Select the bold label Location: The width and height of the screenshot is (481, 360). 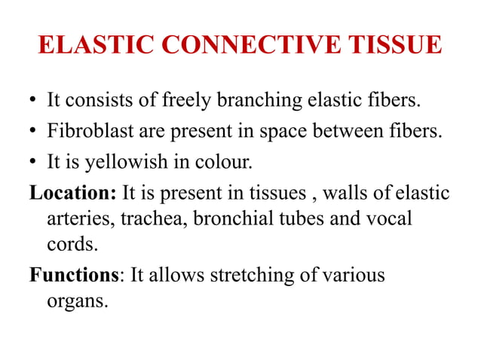coord(72,194)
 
